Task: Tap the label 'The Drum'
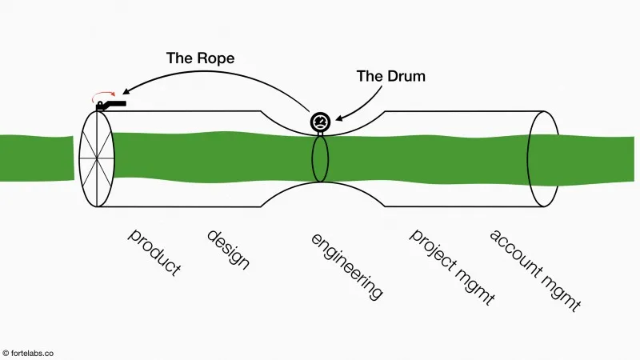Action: [x=392, y=77]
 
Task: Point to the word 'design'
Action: [x=228, y=250]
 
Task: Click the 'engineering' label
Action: [x=346, y=267]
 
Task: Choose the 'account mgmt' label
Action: [x=534, y=270]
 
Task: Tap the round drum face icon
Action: [x=320, y=122]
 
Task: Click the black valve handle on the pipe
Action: [x=112, y=105]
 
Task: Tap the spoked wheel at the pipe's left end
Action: [x=97, y=158]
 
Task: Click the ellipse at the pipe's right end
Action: [x=542, y=159]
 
